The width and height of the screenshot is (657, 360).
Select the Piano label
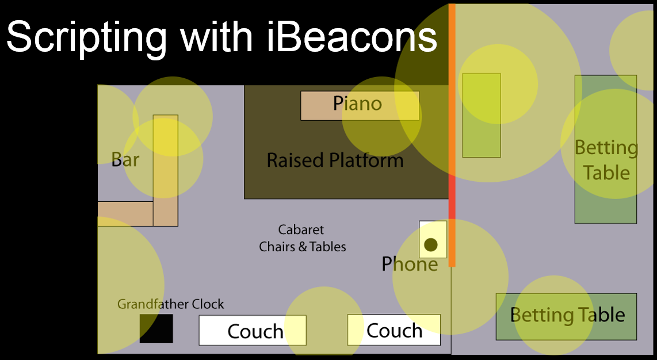click(x=357, y=104)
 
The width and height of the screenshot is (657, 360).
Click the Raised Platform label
click(x=335, y=160)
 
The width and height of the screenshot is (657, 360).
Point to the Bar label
click(x=125, y=159)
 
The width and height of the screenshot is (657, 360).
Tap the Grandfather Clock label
click(x=170, y=304)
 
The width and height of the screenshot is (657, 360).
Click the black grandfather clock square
click(x=156, y=328)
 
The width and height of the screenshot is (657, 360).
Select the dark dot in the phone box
click(x=431, y=244)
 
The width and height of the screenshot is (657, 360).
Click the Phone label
click(x=410, y=264)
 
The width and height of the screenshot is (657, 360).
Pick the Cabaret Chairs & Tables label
click(x=302, y=238)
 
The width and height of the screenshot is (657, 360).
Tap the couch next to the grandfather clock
click(x=253, y=330)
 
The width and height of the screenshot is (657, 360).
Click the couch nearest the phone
click(x=394, y=330)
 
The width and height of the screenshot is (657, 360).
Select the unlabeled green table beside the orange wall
click(x=482, y=116)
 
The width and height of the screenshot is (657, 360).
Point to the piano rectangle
click(x=360, y=106)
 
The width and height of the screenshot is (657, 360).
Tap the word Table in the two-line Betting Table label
click(x=606, y=173)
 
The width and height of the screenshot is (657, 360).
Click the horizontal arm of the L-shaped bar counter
click(x=125, y=214)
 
